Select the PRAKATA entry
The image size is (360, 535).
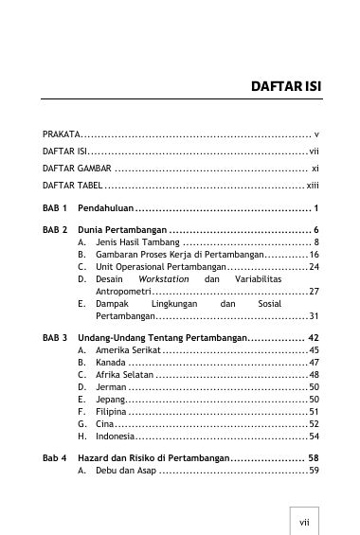click(x=63, y=134)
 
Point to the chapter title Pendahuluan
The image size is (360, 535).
click(x=104, y=207)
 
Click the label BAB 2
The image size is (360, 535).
click(x=55, y=230)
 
